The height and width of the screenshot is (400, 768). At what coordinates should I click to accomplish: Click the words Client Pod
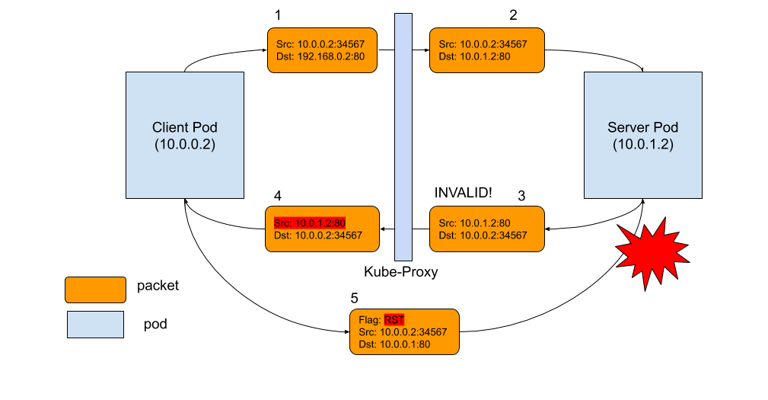click(184, 127)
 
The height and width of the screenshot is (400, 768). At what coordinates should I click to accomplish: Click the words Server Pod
click(642, 127)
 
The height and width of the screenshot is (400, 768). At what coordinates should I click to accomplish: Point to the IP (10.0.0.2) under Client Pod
click(184, 144)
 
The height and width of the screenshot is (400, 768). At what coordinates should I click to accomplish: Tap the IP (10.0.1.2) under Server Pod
click(642, 144)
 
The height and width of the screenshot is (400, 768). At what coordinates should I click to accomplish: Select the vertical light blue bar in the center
click(403, 137)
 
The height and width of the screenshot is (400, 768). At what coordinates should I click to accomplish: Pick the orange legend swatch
click(95, 290)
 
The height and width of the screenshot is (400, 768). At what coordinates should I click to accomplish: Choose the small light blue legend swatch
click(95, 324)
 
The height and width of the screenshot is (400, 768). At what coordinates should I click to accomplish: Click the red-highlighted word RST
click(394, 320)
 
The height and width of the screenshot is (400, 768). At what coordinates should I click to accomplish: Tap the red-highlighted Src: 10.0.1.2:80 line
click(310, 223)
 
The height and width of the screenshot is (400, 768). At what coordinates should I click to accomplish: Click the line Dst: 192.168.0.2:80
click(322, 56)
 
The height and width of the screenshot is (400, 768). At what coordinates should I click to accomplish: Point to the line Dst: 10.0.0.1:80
click(394, 344)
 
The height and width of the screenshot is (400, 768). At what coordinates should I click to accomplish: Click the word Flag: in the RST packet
click(370, 320)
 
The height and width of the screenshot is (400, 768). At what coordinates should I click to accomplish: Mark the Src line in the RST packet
click(402, 332)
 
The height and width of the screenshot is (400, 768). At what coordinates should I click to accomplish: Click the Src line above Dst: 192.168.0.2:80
click(320, 44)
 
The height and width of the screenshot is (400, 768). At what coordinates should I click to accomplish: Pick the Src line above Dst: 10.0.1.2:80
click(483, 44)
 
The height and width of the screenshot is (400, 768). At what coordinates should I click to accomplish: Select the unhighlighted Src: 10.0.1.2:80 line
click(475, 223)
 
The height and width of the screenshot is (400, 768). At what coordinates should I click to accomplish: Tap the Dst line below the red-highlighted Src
click(318, 235)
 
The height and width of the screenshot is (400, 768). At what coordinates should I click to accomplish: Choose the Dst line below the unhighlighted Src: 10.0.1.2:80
click(483, 235)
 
